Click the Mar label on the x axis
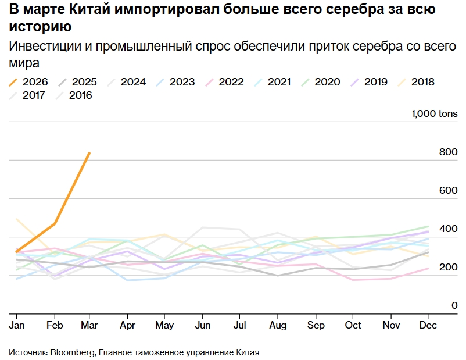[x=89, y=326]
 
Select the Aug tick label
[x=277, y=326]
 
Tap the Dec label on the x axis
[x=428, y=326]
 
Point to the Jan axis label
[x=16, y=326]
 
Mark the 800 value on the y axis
[x=449, y=152]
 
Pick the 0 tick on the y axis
[x=455, y=305]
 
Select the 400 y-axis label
[x=449, y=229]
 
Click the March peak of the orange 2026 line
[x=89, y=153]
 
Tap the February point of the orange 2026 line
[x=55, y=223]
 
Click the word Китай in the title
[x=80, y=10]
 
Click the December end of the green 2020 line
[x=428, y=226]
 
